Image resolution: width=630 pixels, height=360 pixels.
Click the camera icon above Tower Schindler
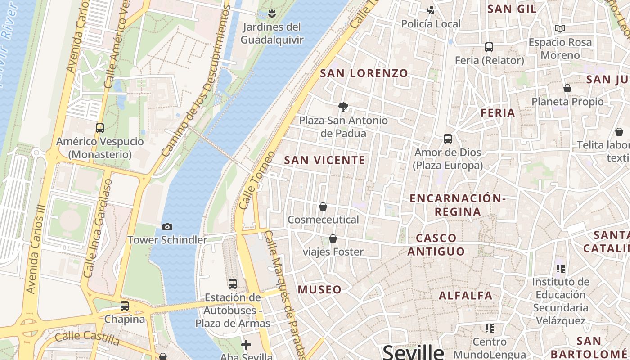point(167,227)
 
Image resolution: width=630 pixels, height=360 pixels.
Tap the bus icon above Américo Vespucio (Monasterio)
point(100,128)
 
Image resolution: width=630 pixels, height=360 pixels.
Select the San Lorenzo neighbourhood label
point(364,73)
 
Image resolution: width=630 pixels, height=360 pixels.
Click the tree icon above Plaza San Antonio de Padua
point(343,107)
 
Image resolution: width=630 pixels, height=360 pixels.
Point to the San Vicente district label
point(324,160)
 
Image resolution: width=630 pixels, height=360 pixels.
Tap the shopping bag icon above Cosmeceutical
point(323,207)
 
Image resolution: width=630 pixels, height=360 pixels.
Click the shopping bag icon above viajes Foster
point(333,238)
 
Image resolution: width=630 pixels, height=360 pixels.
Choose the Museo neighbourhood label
point(320,289)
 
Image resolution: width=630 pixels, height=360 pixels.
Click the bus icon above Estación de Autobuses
point(232,284)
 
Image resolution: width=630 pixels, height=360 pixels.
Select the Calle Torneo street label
point(257,180)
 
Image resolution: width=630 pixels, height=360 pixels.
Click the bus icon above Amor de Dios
point(448,139)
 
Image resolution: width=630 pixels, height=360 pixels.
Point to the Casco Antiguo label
point(436,244)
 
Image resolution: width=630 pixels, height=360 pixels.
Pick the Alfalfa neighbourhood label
point(466,296)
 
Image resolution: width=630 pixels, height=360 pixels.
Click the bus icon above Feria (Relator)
point(489,47)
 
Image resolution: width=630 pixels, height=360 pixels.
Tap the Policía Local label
point(431,24)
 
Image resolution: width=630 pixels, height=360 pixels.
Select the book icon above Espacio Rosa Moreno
point(560,29)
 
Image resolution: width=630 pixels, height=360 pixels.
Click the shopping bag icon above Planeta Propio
point(567,88)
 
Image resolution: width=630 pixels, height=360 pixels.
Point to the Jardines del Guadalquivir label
point(272,33)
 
